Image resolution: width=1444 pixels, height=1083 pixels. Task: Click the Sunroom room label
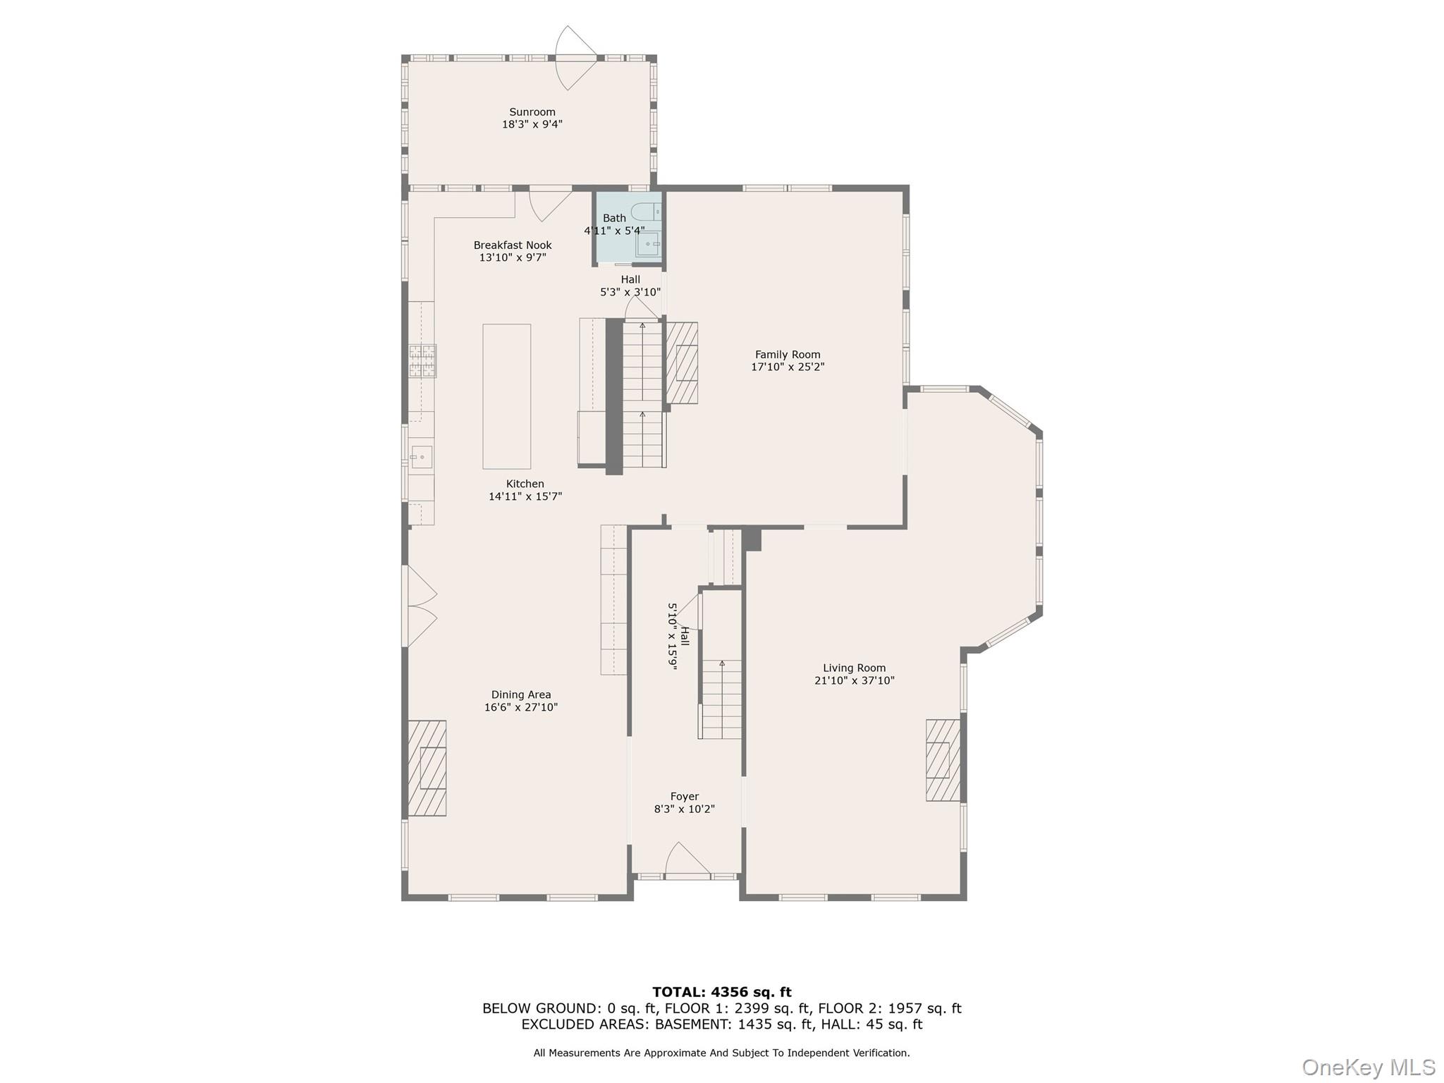[x=532, y=112]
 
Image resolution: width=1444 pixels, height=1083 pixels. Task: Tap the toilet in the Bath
[x=644, y=212]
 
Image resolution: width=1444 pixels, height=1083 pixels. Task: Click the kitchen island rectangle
[x=506, y=396]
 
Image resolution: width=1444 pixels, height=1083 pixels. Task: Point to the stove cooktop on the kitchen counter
[x=423, y=360]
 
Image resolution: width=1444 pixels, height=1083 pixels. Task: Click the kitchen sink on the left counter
[x=421, y=457]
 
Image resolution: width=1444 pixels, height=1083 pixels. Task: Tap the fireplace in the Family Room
[x=683, y=363]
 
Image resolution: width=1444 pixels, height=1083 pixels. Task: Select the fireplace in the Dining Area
[x=427, y=768]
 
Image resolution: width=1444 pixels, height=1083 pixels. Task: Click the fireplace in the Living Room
[x=943, y=760]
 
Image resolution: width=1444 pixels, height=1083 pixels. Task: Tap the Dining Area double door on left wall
[x=420, y=606]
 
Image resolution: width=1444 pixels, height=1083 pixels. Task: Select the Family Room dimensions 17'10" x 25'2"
[x=788, y=367]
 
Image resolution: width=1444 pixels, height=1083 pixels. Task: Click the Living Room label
[x=854, y=668]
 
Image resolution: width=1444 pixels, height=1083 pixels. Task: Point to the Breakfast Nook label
[x=513, y=245]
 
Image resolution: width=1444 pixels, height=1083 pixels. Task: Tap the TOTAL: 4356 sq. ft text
[x=721, y=992]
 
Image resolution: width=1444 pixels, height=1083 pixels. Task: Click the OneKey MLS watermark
[x=1368, y=1067]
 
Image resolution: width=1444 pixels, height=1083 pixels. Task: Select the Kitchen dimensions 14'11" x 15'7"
[x=525, y=496]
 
